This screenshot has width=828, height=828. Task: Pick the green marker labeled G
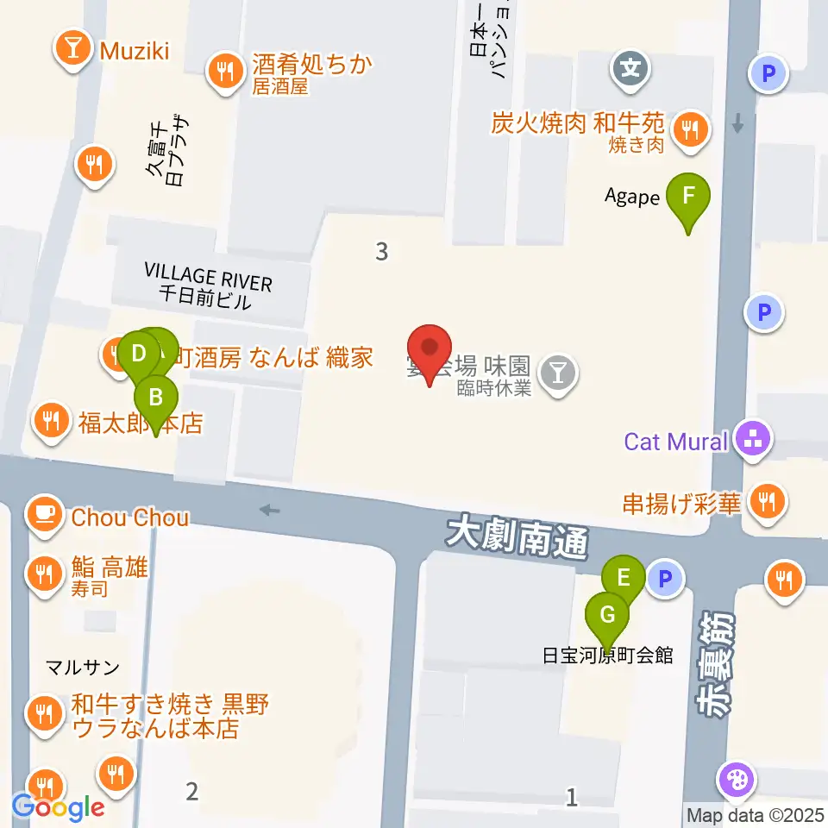(607, 616)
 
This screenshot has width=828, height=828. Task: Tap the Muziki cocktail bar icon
(73, 50)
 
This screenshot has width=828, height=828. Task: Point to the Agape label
(631, 198)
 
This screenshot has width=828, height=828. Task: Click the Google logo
(58, 807)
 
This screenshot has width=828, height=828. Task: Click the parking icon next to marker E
(665, 579)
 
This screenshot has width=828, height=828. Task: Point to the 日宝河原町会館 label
(607, 655)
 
